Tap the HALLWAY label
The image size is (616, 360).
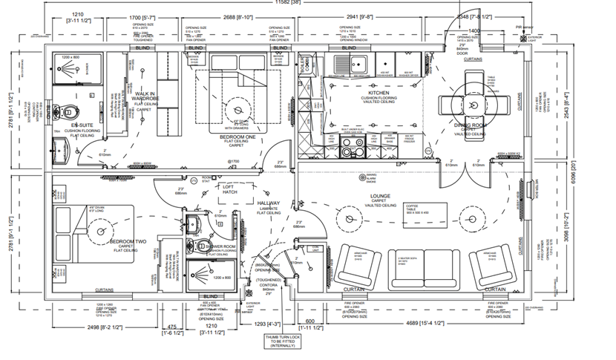(x=269, y=203)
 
